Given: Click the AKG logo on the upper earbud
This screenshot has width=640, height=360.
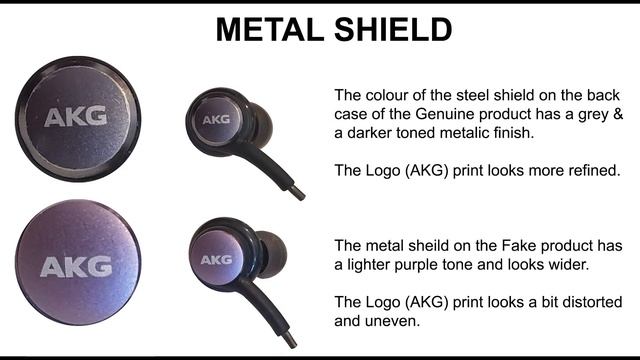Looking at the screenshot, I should coord(216,119).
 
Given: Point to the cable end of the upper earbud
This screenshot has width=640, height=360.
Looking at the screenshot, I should coord(298,191).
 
